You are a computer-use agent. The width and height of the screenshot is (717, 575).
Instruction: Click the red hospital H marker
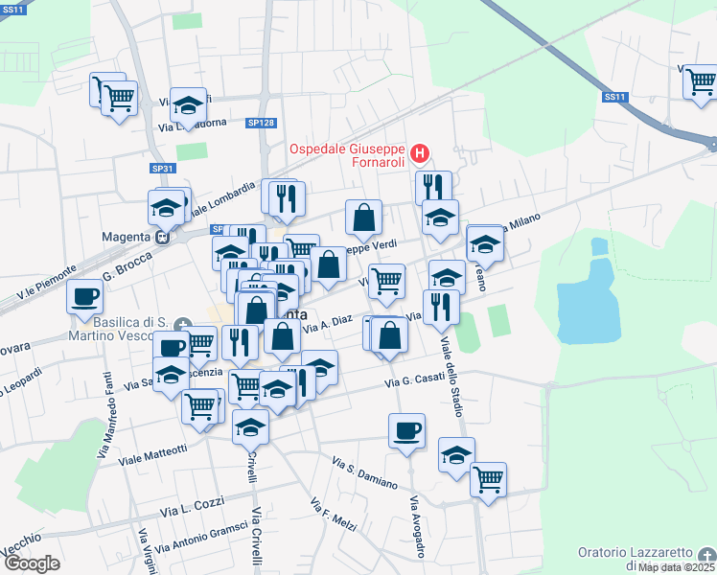(x=419, y=153)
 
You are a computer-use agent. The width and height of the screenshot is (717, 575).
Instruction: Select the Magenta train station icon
(x=164, y=237)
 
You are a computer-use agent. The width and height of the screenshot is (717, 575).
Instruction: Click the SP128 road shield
(x=261, y=123)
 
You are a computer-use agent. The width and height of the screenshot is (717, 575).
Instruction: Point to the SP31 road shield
(x=163, y=169)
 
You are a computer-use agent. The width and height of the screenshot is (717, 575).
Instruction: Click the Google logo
(x=32, y=563)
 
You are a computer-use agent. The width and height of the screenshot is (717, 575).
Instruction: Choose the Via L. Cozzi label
(x=192, y=504)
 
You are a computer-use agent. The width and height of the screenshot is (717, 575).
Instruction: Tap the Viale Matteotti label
(x=152, y=454)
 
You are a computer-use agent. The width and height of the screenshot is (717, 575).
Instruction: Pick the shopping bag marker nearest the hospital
(x=363, y=218)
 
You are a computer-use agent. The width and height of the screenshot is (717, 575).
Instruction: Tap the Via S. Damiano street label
(x=364, y=472)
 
